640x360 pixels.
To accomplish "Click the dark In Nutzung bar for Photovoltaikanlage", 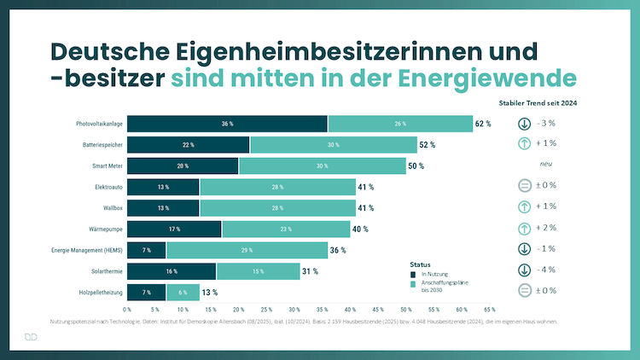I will click(x=227, y=124).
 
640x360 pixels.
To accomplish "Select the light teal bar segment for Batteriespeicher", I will click(x=333, y=145).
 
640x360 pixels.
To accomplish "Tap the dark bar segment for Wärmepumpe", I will click(x=174, y=229).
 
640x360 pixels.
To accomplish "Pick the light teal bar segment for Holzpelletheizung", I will click(x=183, y=292).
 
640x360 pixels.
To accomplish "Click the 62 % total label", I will click(x=483, y=124).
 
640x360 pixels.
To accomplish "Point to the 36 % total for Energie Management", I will click(x=339, y=250).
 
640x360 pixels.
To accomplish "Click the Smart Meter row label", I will click(x=106, y=165).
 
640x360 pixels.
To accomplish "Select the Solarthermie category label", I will click(x=104, y=271).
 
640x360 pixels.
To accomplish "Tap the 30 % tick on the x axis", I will click(x=294, y=309).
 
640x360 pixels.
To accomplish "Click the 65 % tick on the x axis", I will click(x=490, y=309).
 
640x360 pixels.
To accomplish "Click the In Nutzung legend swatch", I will click(x=413, y=274).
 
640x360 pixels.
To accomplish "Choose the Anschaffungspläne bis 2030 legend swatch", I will click(x=413, y=282).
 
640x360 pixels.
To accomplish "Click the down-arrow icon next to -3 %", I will click(x=525, y=124).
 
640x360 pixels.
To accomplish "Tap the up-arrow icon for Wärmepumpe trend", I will click(x=525, y=228).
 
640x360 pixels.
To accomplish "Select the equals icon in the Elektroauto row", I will click(x=525, y=186).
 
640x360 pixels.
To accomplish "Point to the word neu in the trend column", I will click(x=547, y=165).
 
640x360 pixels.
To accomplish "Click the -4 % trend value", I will click(x=546, y=270).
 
